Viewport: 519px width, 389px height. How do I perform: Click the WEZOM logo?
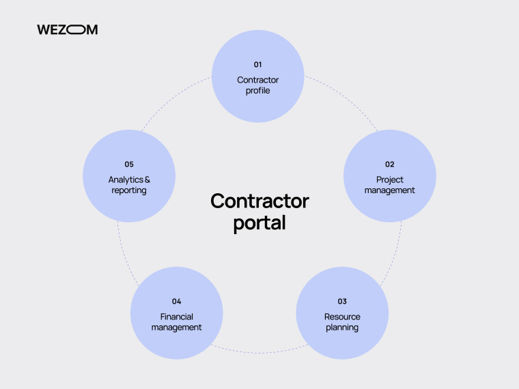(67, 29)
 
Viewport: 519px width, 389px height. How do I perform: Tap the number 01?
(258, 65)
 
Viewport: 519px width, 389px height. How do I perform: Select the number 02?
(389, 164)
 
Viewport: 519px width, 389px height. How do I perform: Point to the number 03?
(342, 302)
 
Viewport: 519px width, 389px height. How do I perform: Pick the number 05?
(129, 164)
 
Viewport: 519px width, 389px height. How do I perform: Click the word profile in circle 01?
(258, 91)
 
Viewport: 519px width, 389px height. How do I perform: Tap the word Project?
(389, 180)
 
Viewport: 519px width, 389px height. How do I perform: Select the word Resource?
(342, 317)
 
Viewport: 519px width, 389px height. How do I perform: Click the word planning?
(342, 328)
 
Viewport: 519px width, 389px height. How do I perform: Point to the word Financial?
(176, 317)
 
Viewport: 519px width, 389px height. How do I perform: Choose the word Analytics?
(126, 180)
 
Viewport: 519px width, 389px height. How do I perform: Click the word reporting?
(129, 190)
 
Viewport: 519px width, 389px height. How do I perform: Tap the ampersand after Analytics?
(148, 179)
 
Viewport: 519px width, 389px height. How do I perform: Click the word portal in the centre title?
(259, 223)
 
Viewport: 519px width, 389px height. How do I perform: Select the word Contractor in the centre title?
(259, 201)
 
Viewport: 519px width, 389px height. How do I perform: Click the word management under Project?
(389, 190)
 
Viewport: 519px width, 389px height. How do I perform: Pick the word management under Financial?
(176, 328)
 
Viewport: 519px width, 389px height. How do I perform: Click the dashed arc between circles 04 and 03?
(259, 353)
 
